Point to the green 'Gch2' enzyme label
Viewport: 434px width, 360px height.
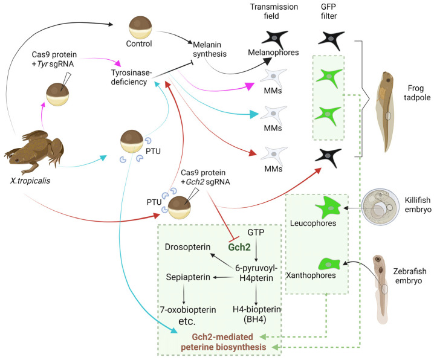point(239,247)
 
